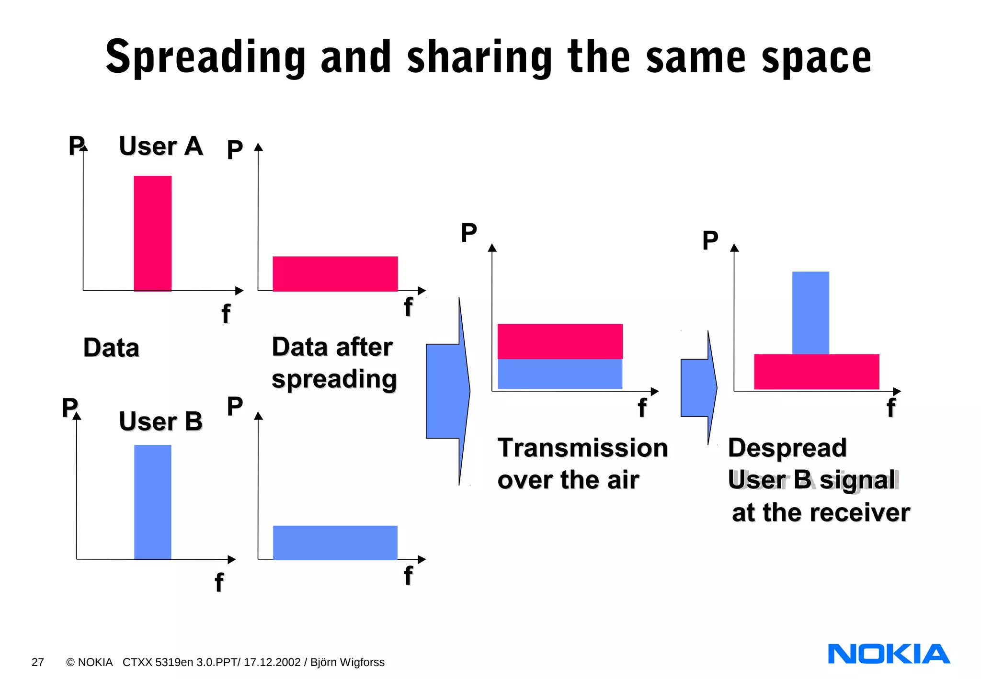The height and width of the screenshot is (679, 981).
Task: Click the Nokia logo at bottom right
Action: [x=889, y=654]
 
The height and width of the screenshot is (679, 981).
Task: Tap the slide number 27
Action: [x=38, y=662]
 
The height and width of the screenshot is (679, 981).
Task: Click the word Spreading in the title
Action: [x=205, y=57]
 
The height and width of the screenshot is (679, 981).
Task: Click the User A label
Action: [x=161, y=146]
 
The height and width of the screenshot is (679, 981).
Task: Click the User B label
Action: [x=161, y=421]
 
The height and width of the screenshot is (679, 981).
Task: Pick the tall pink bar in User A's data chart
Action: [x=152, y=233]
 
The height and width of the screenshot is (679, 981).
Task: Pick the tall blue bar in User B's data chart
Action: [x=152, y=502]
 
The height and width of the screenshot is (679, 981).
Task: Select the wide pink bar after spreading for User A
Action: [x=335, y=274]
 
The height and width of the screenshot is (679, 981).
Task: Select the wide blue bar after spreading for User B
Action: [x=335, y=543]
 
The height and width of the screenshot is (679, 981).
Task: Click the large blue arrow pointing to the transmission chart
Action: [x=448, y=391]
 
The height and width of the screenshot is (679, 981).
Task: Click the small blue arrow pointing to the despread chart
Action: [x=698, y=388]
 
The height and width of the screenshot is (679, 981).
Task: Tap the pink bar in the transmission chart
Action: [x=560, y=341]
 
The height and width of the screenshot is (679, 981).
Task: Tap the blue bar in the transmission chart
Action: [x=560, y=374]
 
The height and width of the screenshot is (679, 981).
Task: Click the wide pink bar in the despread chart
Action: [x=816, y=372]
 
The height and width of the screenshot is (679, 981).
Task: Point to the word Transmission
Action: [x=582, y=448]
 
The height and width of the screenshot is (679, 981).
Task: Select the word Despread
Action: [x=787, y=448]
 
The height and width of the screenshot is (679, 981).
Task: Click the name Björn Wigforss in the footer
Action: [x=347, y=662]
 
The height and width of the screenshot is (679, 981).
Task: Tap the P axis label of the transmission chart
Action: [x=468, y=233]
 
